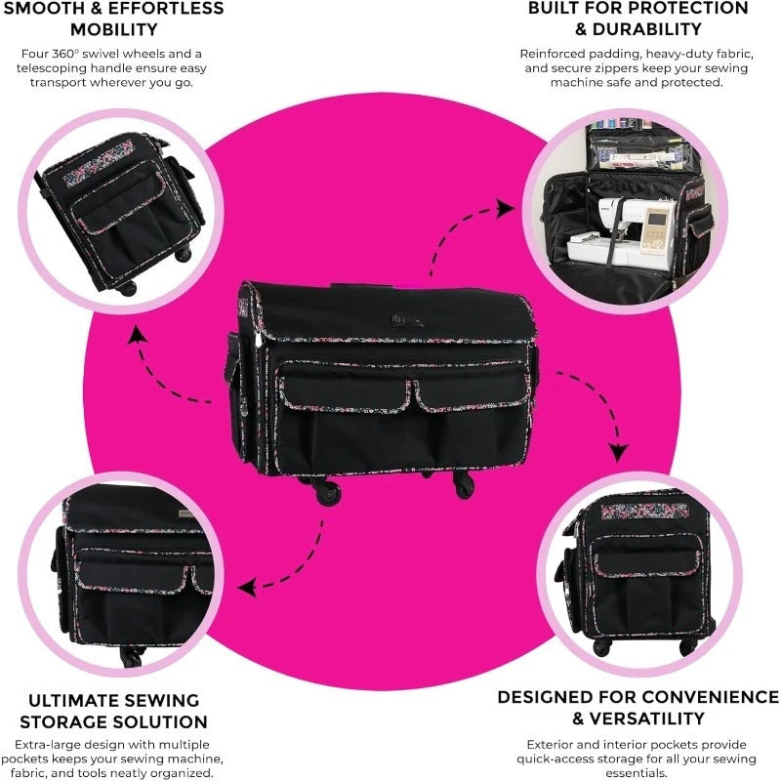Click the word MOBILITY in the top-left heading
coord(113,29)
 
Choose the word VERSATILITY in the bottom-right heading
coord(646,719)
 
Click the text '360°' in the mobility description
coord(65,54)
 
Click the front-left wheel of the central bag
coord(329,493)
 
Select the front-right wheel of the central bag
coord(464,485)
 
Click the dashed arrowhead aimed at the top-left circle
coord(136,336)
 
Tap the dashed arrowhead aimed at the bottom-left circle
coord(248,588)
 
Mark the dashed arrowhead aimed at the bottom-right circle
coord(619,451)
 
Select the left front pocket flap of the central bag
coord(344,387)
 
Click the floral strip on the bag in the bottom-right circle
coord(645,512)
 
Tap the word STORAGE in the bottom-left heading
coord(63,721)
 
